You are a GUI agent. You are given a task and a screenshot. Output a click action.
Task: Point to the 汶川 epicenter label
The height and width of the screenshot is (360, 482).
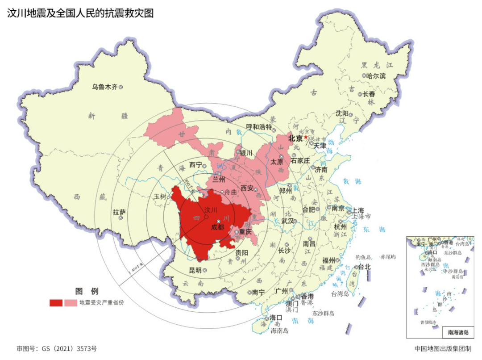tap(210, 209)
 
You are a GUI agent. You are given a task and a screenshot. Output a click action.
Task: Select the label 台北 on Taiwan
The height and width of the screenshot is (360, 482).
tap(364, 267)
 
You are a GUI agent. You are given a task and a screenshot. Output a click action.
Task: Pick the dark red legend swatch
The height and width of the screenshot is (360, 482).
tap(56, 303)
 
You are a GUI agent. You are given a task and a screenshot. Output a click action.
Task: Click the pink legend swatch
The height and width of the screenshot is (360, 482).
tap(71, 303)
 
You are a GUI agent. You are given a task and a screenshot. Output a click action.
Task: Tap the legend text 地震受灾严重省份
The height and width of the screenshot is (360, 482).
tap(101, 303)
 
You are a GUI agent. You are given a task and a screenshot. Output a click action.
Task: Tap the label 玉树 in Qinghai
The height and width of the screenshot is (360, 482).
tap(159, 197)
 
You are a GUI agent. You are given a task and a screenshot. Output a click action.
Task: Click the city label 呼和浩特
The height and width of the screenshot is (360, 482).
tap(259, 127)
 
